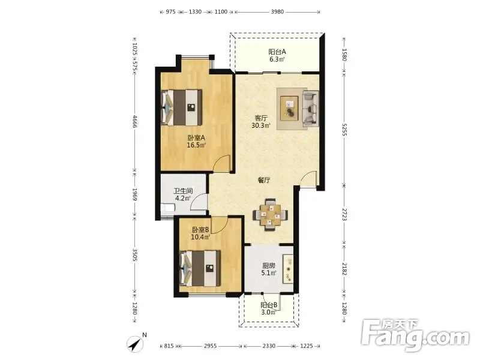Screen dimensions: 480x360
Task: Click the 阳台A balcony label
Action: point(277,52)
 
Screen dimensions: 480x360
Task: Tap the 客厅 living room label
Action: point(261,118)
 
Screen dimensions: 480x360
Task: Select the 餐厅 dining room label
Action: point(264,180)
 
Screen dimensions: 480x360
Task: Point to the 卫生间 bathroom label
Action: point(183,191)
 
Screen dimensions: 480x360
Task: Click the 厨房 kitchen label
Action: point(269,266)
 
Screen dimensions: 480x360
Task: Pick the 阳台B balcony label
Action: point(269,305)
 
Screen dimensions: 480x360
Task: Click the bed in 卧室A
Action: point(182,107)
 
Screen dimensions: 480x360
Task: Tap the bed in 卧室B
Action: point(200,268)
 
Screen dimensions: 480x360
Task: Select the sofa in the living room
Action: point(310,109)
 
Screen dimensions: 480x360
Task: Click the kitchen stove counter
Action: point(288,269)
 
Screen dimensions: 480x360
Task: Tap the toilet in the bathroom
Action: point(168,208)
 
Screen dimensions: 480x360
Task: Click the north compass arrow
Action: point(135,344)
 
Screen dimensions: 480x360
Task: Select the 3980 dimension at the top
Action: point(277,12)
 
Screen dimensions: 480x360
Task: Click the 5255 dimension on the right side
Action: point(344,130)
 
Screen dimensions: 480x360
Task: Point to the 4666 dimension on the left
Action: point(134,121)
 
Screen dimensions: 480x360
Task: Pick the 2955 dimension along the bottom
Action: point(211,346)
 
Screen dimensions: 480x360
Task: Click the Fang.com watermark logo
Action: point(415,335)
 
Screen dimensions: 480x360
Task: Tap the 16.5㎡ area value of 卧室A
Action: point(196,145)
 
